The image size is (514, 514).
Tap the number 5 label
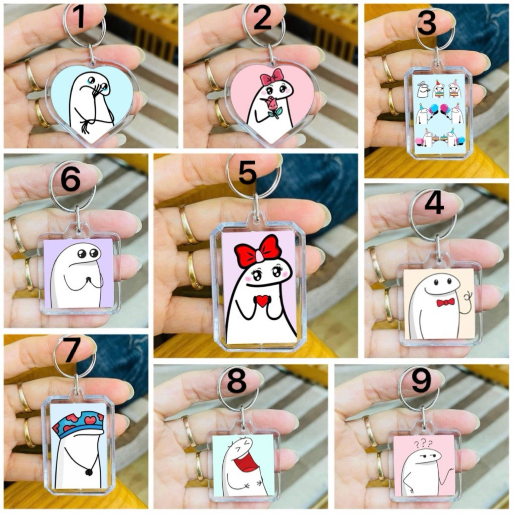(x=247, y=172)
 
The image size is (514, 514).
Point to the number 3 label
(x=427, y=23)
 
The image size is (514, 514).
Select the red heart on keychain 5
(x=262, y=301)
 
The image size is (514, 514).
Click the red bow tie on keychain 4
(x=446, y=302)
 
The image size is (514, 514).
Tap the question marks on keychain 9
(x=423, y=444)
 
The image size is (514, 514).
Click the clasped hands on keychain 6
(x=88, y=280)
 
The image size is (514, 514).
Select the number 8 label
(x=236, y=381)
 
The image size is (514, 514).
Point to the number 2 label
(x=262, y=18)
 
